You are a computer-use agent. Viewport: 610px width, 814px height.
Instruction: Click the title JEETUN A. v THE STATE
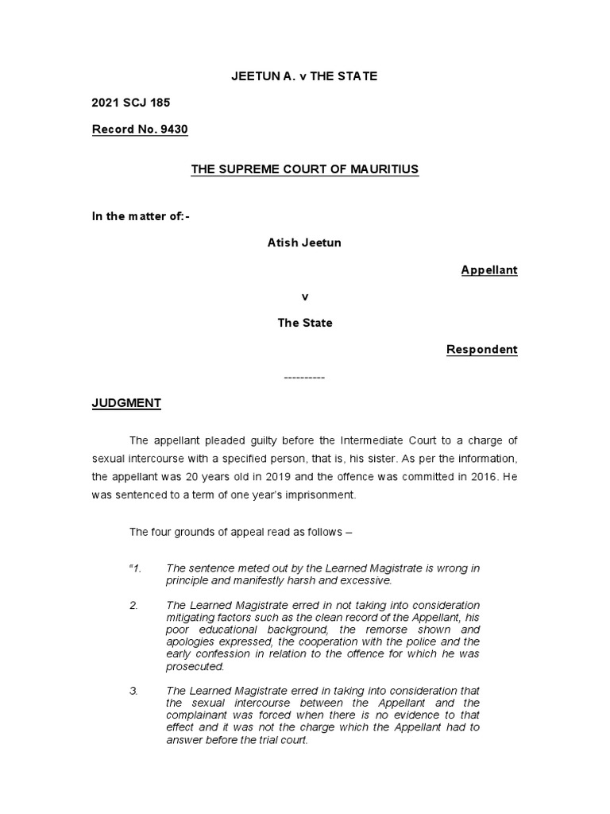pyautogui.click(x=304, y=76)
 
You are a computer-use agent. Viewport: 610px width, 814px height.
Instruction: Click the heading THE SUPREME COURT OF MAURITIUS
pyautogui.click(x=304, y=169)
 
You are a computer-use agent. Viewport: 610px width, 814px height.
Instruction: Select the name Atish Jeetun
pyautogui.click(x=304, y=242)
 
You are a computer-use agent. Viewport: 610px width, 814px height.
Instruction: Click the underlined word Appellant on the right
pyautogui.click(x=489, y=269)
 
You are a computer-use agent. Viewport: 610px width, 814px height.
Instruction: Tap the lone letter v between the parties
pyautogui.click(x=304, y=297)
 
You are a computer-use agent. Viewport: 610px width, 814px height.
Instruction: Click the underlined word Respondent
pyautogui.click(x=481, y=349)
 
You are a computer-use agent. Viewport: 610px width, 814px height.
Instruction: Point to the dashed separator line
pyautogui.click(x=304, y=376)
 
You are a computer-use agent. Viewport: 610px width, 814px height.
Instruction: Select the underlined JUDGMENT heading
pyautogui.click(x=126, y=403)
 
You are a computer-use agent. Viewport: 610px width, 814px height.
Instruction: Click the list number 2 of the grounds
pyautogui.click(x=134, y=606)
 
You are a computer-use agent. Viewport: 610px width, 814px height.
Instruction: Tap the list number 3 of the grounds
pyautogui.click(x=134, y=690)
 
